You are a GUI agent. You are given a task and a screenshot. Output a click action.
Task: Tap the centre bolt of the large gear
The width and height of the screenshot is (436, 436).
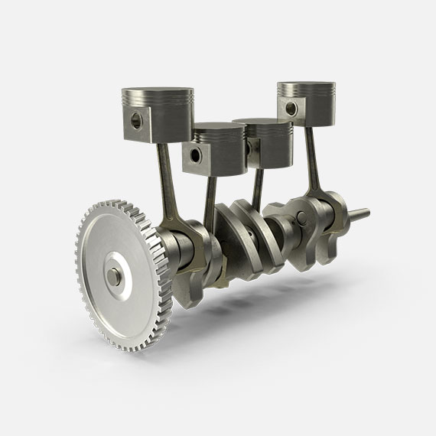114,274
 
